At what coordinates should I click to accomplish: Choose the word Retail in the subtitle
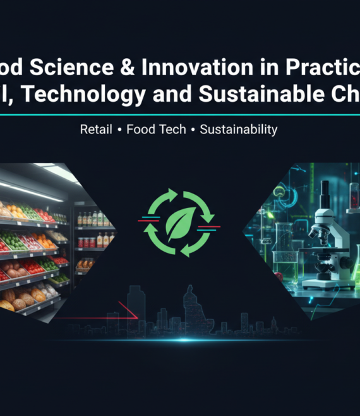tap(97, 130)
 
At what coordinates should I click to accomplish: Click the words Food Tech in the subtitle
tap(156, 130)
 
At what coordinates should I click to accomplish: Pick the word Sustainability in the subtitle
tap(238, 130)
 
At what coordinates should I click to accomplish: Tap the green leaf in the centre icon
tap(179, 224)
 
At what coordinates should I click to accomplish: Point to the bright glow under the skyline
tap(183, 340)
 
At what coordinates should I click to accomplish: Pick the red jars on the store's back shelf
tap(88, 242)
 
